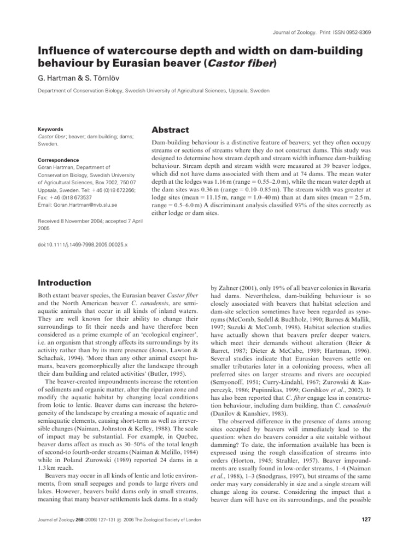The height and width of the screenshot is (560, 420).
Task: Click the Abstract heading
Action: [171, 130]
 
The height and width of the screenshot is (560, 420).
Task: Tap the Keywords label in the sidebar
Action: [50, 130]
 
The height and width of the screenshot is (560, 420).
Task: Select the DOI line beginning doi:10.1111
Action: [81, 246]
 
